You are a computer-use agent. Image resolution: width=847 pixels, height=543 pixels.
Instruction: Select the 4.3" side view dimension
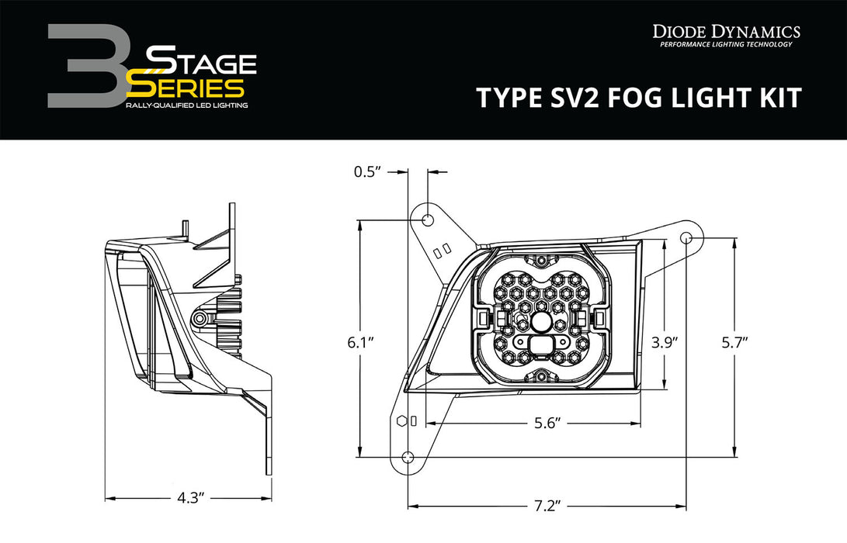tap(189, 497)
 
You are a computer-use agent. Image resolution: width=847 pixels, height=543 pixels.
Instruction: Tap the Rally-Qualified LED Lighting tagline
tap(186, 105)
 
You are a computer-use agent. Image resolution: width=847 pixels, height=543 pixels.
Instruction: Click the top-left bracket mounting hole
tap(426, 221)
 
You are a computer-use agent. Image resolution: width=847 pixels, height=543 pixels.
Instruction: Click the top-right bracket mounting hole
tap(687, 237)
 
